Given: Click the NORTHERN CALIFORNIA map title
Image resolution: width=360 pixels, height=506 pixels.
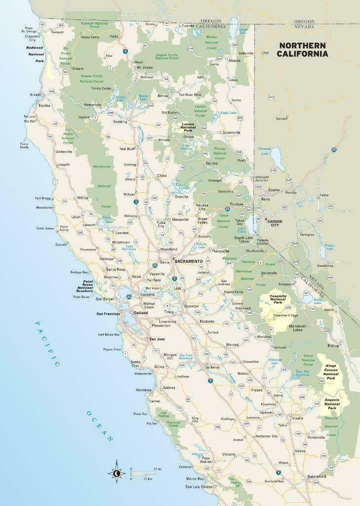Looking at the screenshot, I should (x=303, y=49).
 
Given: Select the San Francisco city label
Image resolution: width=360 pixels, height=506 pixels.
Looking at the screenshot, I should (x=108, y=314).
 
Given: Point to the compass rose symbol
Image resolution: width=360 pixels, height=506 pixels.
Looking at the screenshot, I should (x=117, y=473).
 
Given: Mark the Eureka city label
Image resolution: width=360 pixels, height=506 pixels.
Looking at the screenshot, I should (x=44, y=105).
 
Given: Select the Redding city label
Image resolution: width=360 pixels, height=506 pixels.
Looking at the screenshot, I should (x=120, y=121).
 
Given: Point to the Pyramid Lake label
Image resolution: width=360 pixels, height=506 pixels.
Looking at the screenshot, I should (x=264, y=150).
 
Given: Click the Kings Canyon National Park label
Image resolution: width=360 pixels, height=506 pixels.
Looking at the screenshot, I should (x=330, y=371).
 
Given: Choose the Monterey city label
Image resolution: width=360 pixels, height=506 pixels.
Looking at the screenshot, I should (x=144, y=390).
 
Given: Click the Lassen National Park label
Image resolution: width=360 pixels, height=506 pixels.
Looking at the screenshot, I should (x=188, y=126).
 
